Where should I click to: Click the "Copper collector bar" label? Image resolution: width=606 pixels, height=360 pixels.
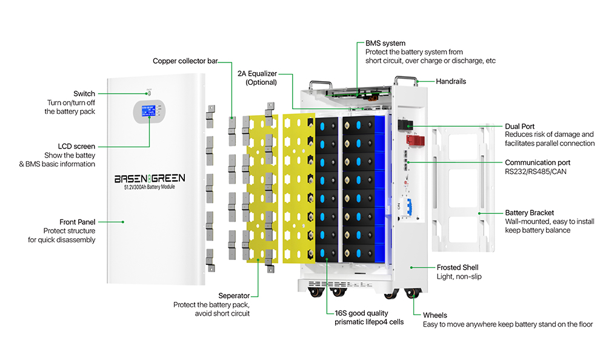[185, 61]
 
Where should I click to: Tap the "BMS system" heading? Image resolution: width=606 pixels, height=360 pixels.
[385, 43]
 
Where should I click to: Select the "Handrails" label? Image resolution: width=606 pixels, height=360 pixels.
[451, 81]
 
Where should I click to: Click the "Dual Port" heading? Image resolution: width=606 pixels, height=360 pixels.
[519, 127]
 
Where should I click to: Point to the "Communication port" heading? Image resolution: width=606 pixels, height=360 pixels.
[537, 162]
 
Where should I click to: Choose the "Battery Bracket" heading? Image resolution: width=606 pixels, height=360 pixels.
[529, 213]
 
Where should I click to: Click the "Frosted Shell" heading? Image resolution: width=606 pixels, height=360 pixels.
[457, 268]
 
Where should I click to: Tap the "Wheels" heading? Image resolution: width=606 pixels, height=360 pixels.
[435, 315]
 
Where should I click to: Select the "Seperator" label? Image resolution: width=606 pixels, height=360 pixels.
[234, 296]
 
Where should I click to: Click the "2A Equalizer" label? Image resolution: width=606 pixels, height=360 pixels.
[257, 74]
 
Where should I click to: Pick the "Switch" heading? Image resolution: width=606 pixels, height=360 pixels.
[84, 93]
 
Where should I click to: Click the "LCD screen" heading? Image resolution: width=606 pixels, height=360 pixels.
[76, 147]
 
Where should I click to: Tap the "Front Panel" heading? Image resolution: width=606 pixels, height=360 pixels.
[78, 222]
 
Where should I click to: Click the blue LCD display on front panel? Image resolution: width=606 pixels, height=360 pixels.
[148, 110]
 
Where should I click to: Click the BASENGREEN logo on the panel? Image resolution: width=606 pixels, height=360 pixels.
[150, 178]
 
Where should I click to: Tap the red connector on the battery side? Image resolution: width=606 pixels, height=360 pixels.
[415, 139]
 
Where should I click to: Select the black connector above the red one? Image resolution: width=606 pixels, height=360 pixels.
[405, 125]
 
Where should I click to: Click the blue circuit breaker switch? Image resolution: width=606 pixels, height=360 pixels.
[408, 207]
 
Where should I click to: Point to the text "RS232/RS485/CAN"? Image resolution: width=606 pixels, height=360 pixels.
[535, 172]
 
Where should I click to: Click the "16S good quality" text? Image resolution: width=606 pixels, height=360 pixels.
[361, 313]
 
